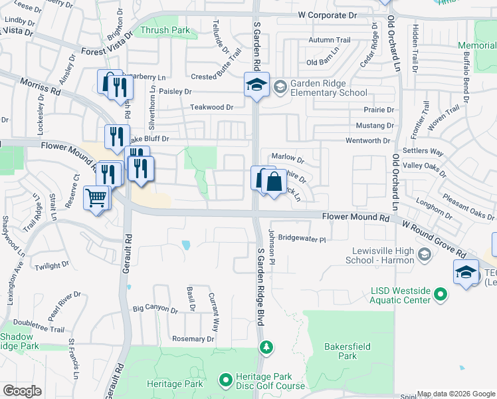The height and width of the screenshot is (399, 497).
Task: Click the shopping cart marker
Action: click(96, 197)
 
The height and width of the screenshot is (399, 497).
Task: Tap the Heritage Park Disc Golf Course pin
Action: click(225, 381)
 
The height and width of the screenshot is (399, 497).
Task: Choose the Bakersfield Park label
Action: click(341, 351)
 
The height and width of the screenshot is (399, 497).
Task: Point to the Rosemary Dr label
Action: click(193, 339)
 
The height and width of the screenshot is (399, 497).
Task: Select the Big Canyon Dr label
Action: click(155, 310)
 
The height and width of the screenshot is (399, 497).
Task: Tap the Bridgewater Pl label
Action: click(302, 238)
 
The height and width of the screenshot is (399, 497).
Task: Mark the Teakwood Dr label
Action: click(212, 107)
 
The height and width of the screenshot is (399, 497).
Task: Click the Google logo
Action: click(21, 391)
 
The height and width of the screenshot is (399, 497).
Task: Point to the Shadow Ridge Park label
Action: click(18, 342)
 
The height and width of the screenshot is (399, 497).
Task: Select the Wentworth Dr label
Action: click(368, 141)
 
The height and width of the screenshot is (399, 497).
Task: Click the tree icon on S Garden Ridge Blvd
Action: click(266, 347)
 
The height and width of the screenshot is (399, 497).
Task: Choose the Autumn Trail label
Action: click(329, 40)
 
